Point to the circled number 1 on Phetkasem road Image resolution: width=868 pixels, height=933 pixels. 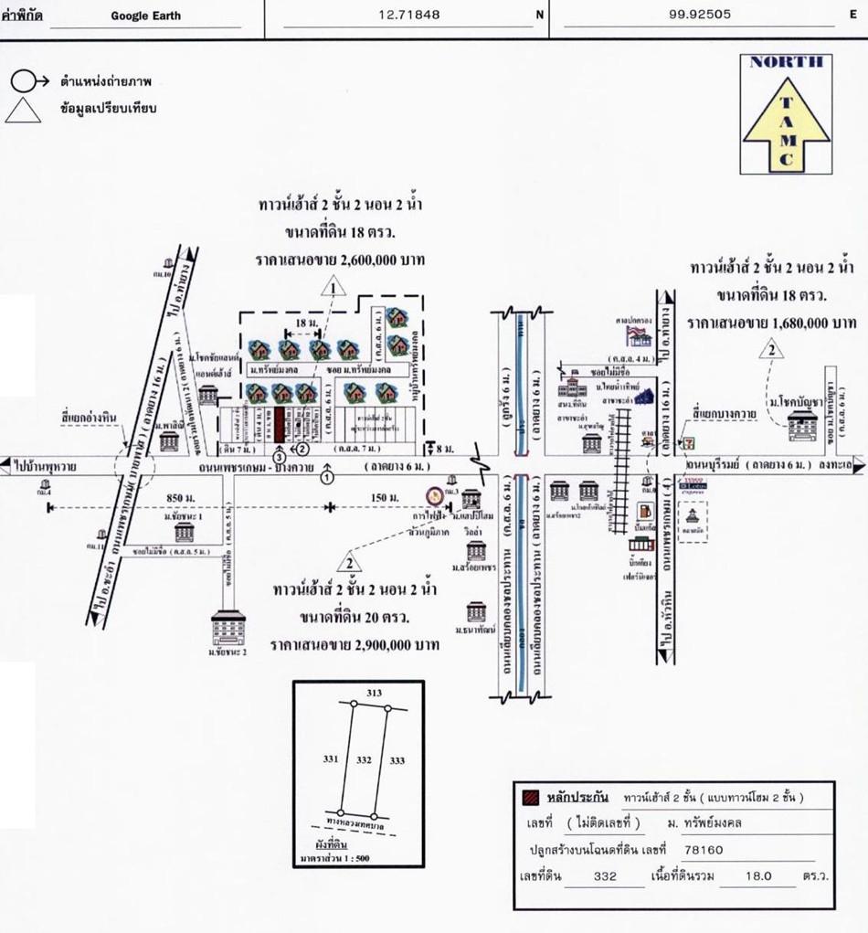[328, 475]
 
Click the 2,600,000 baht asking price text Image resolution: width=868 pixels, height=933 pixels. [340, 260]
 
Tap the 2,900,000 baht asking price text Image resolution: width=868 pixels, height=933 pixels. [355, 645]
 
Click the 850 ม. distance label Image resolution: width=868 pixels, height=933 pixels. [182, 496]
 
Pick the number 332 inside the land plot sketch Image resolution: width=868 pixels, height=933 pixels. [363, 759]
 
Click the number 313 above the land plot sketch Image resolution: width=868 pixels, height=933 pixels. [374, 694]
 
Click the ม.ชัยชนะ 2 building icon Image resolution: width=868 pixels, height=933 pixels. [228, 628]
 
